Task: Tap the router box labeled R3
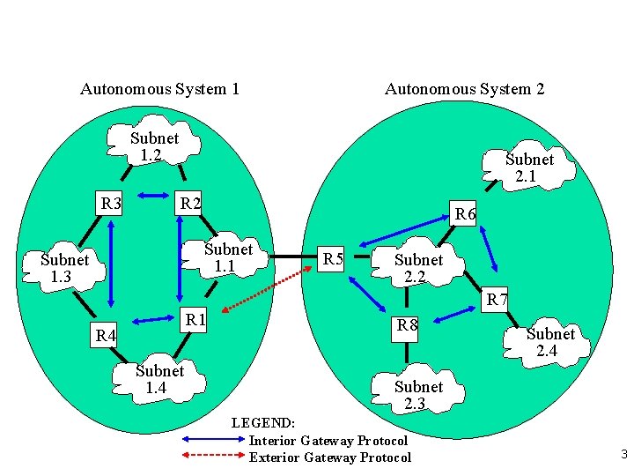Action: [x=112, y=205]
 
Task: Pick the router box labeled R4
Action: [x=106, y=335]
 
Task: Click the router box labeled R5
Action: [x=333, y=259]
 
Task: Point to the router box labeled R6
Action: [x=464, y=214]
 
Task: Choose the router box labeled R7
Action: [x=498, y=300]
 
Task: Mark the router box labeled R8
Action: [x=407, y=325]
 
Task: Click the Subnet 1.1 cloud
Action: [x=228, y=257]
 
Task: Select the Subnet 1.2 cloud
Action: [x=153, y=147]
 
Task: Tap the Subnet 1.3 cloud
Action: [x=64, y=269]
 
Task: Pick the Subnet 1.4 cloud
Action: [x=159, y=380]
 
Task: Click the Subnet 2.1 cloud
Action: [x=528, y=168]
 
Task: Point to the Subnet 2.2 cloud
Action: [x=418, y=269]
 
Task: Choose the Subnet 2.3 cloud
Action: [x=418, y=396]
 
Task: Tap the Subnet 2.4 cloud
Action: [x=550, y=342]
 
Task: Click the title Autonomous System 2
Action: [x=464, y=89]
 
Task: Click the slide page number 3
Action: [x=623, y=456]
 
